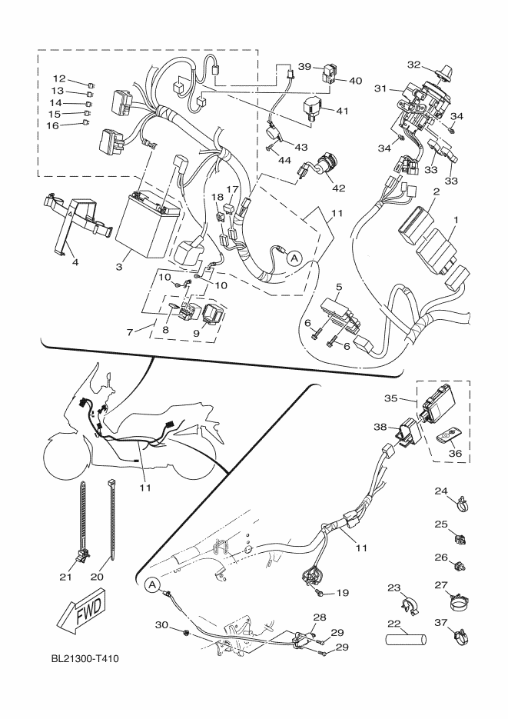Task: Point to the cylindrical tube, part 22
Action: click(403, 637)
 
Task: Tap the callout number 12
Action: click(59, 78)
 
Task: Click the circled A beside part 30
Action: click(152, 586)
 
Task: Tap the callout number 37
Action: click(440, 623)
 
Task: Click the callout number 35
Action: click(391, 399)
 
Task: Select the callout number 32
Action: click(414, 65)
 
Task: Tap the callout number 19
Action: click(343, 593)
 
